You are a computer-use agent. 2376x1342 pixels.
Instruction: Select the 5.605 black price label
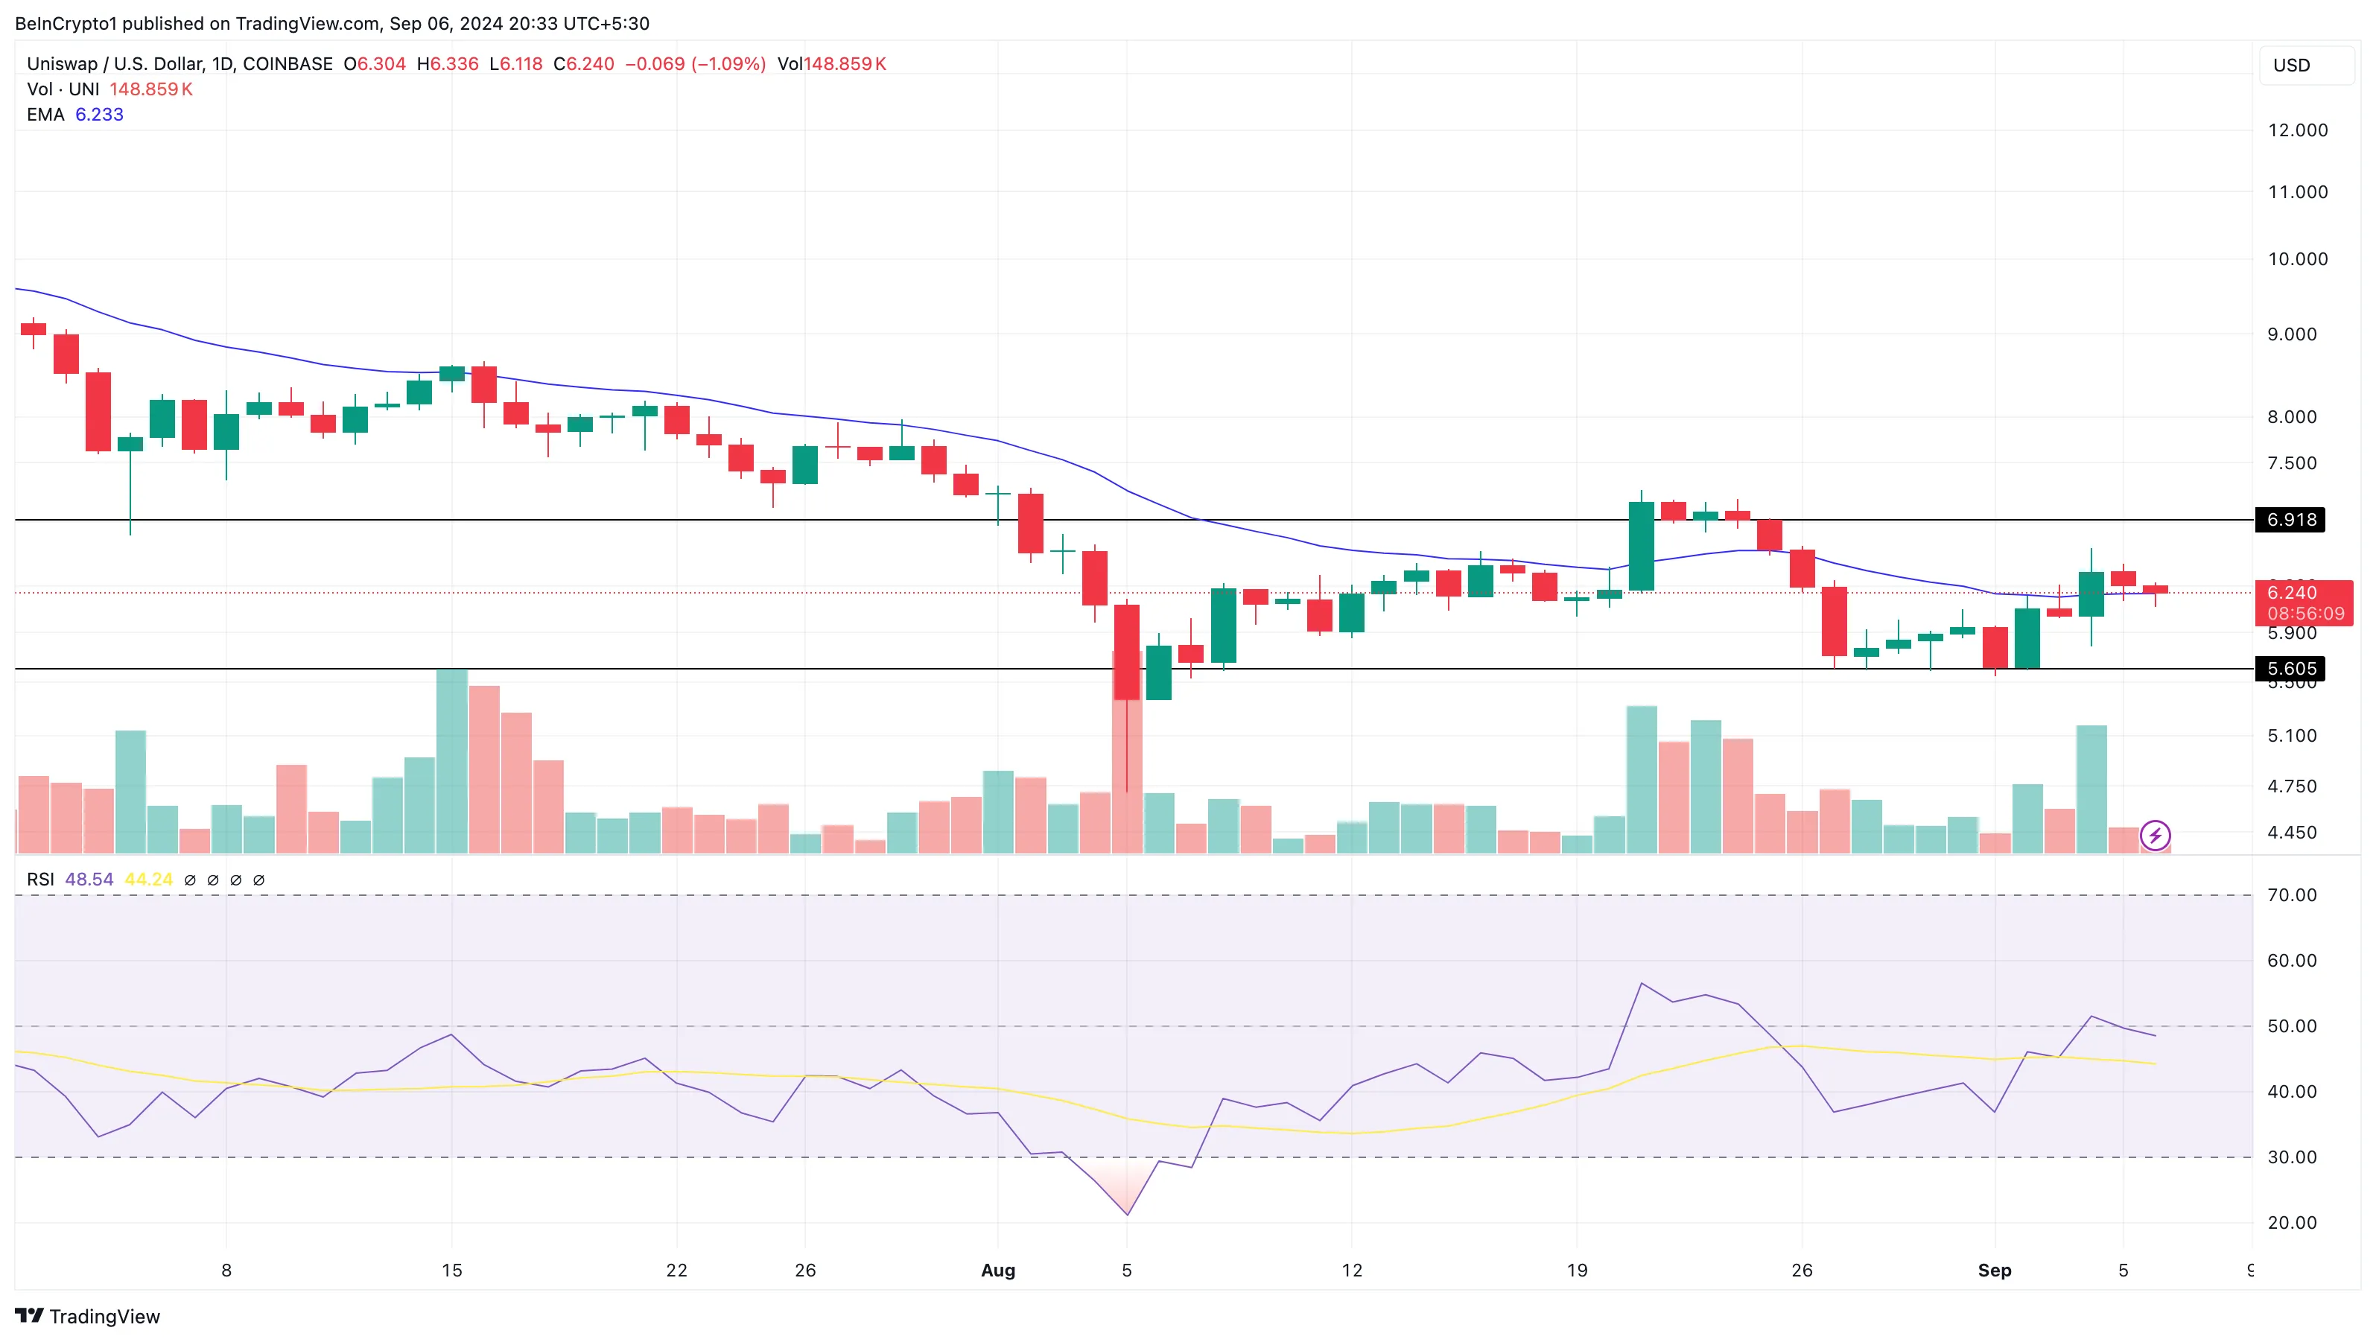pyautogui.click(x=2290, y=669)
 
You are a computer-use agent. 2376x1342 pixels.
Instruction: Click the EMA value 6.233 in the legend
pyautogui.click(x=99, y=115)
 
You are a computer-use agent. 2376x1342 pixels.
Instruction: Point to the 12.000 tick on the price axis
pyautogui.click(x=2297, y=130)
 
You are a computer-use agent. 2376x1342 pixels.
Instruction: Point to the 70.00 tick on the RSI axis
pyautogui.click(x=2291, y=894)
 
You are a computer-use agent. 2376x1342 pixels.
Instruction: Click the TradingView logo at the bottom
pyautogui.click(x=88, y=1316)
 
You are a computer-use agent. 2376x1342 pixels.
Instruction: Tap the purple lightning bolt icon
pyautogui.click(x=2155, y=836)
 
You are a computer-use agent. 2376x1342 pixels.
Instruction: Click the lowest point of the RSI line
pyautogui.click(x=1127, y=1214)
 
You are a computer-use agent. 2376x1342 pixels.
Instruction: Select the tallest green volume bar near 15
pyautogui.click(x=452, y=761)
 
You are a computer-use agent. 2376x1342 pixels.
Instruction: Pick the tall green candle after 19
pyautogui.click(x=1641, y=546)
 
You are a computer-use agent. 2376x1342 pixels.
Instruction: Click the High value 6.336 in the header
pyautogui.click(x=454, y=63)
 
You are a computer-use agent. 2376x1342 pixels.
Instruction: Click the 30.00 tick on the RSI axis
pyautogui.click(x=2291, y=1157)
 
